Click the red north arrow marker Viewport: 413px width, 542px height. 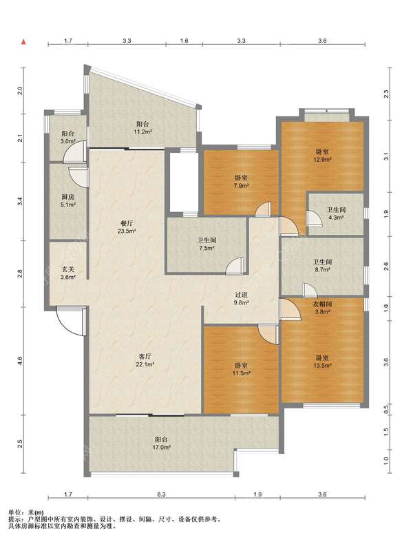coord(24,42)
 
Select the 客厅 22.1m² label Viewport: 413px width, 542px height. coord(146,360)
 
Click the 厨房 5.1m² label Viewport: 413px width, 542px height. coord(68,201)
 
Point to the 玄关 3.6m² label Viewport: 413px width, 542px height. coord(68,273)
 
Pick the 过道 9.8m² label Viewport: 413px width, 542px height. coord(242,299)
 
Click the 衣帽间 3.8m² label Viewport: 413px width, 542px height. coord(322,307)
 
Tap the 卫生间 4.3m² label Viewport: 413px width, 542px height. coord(336,213)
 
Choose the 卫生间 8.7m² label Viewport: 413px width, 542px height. coord(322,265)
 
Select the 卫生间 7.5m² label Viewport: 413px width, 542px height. coord(207,244)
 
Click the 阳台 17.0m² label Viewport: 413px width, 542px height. coord(162,443)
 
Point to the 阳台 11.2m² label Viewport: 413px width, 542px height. coord(143,127)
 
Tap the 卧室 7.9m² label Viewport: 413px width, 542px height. coord(242,182)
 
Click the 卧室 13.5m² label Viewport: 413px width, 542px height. coord(322,361)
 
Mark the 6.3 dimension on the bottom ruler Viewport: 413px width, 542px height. coord(161,494)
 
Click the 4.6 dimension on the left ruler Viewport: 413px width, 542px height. coord(21,361)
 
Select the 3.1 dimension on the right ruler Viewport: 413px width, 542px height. coord(386,156)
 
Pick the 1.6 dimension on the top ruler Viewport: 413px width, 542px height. coord(184,41)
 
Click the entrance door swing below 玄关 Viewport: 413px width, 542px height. coord(68,322)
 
